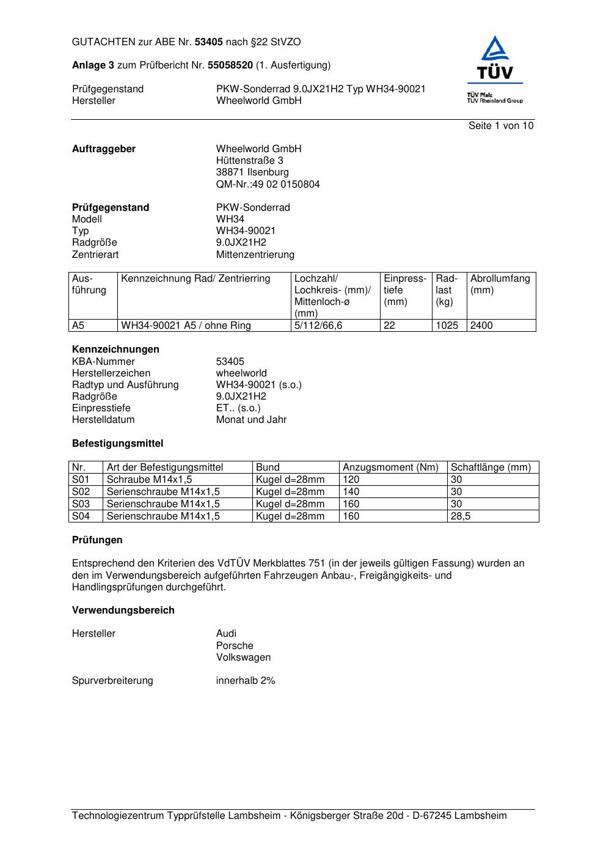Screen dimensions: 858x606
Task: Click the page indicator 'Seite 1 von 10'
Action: click(500, 126)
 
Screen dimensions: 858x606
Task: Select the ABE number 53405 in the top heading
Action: click(208, 42)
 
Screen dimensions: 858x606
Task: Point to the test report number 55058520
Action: click(230, 65)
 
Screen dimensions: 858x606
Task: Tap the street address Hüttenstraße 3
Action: click(249, 161)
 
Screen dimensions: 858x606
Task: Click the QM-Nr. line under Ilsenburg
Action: click(268, 184)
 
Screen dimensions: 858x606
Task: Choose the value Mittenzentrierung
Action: click(255, 254)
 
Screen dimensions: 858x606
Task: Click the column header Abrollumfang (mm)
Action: click(500, 284)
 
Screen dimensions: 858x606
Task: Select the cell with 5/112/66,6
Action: click(318, 326)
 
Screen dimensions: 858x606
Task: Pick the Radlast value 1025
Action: click(447, 326)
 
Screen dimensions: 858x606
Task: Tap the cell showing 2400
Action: click(481, 326)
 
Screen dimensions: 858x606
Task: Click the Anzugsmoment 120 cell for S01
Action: click(351, 480)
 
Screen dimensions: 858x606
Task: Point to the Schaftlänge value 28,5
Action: click(461, 516)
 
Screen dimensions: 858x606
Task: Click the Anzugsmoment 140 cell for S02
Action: click(351, 492)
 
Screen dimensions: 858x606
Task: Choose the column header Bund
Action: click(268, 468)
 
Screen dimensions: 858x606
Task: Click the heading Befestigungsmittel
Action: click(117, 444)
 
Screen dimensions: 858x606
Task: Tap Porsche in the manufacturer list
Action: click(235, 646)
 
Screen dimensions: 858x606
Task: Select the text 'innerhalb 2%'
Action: click(246, 681)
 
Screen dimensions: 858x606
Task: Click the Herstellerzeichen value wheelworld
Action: click(241, 373)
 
